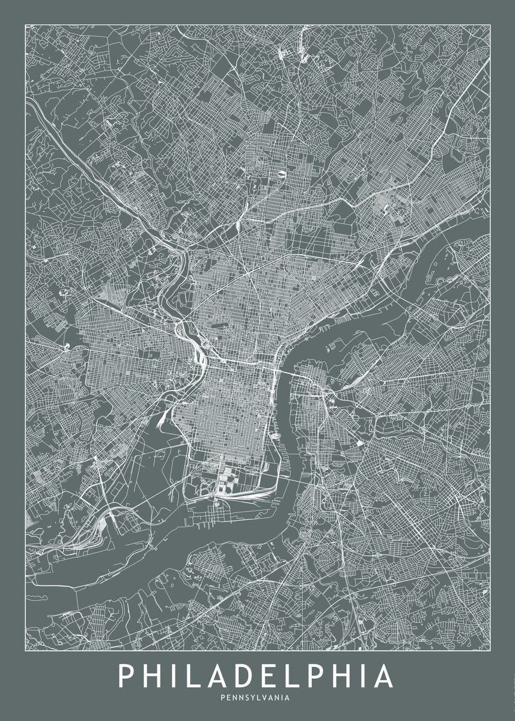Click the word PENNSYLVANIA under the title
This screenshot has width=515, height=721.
255,698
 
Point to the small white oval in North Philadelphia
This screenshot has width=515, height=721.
281,175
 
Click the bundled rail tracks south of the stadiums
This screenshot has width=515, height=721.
246,496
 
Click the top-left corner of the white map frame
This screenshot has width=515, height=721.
25,25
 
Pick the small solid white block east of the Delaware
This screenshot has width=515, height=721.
360,443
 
